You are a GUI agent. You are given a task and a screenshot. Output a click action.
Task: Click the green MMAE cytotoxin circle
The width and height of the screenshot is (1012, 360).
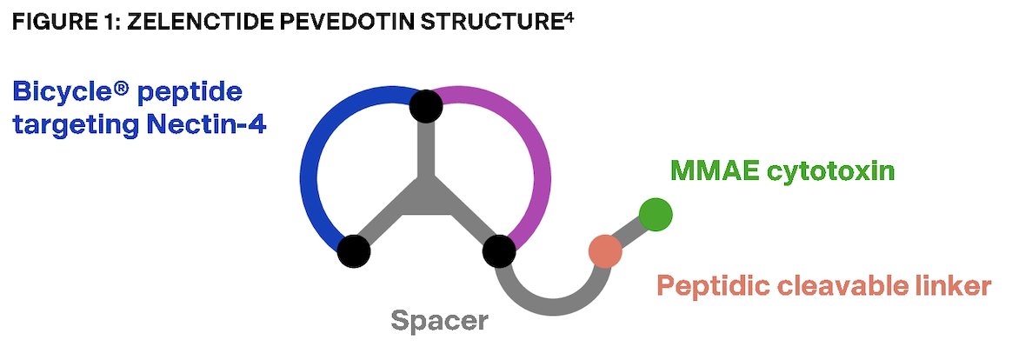(655, 215)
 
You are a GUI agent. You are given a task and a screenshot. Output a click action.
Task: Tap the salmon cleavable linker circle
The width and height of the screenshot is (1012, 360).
(605, 251)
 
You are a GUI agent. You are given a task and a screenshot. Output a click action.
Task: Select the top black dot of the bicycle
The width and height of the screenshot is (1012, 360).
(426, 106)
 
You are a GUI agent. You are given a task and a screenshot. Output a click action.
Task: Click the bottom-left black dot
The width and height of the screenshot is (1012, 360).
(354, 251)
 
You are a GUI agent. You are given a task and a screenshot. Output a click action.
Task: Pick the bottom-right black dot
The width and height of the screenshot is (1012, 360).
(499, 251)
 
